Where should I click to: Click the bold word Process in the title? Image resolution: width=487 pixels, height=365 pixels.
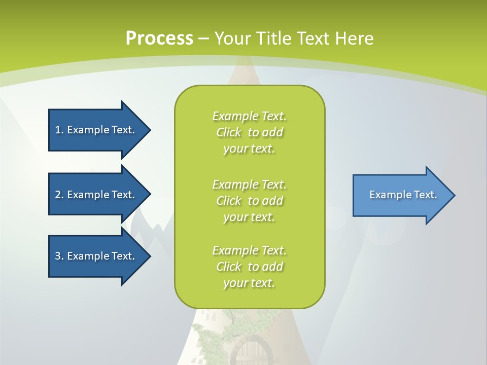click(x=159, y=39)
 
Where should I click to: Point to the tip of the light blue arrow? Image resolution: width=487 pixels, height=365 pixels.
click(x=454, y=195)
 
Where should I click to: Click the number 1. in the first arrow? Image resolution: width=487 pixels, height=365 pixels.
click(x=59, y=130)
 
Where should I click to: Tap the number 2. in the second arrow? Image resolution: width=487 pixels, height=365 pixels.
click(x=59, y=195)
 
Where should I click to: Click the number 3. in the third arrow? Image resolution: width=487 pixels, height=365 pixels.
click(x=59, y=256)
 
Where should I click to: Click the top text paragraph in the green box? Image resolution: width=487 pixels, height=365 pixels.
click(x=249, y=132)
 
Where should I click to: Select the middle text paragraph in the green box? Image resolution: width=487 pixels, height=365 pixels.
click(x=249, y=201)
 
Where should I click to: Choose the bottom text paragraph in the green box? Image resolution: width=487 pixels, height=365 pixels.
click(x=249, y=267)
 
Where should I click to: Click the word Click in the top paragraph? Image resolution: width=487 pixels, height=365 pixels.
click(x=229, y=132)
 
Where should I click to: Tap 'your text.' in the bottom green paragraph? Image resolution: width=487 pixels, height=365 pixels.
click(x=249, y=283)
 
